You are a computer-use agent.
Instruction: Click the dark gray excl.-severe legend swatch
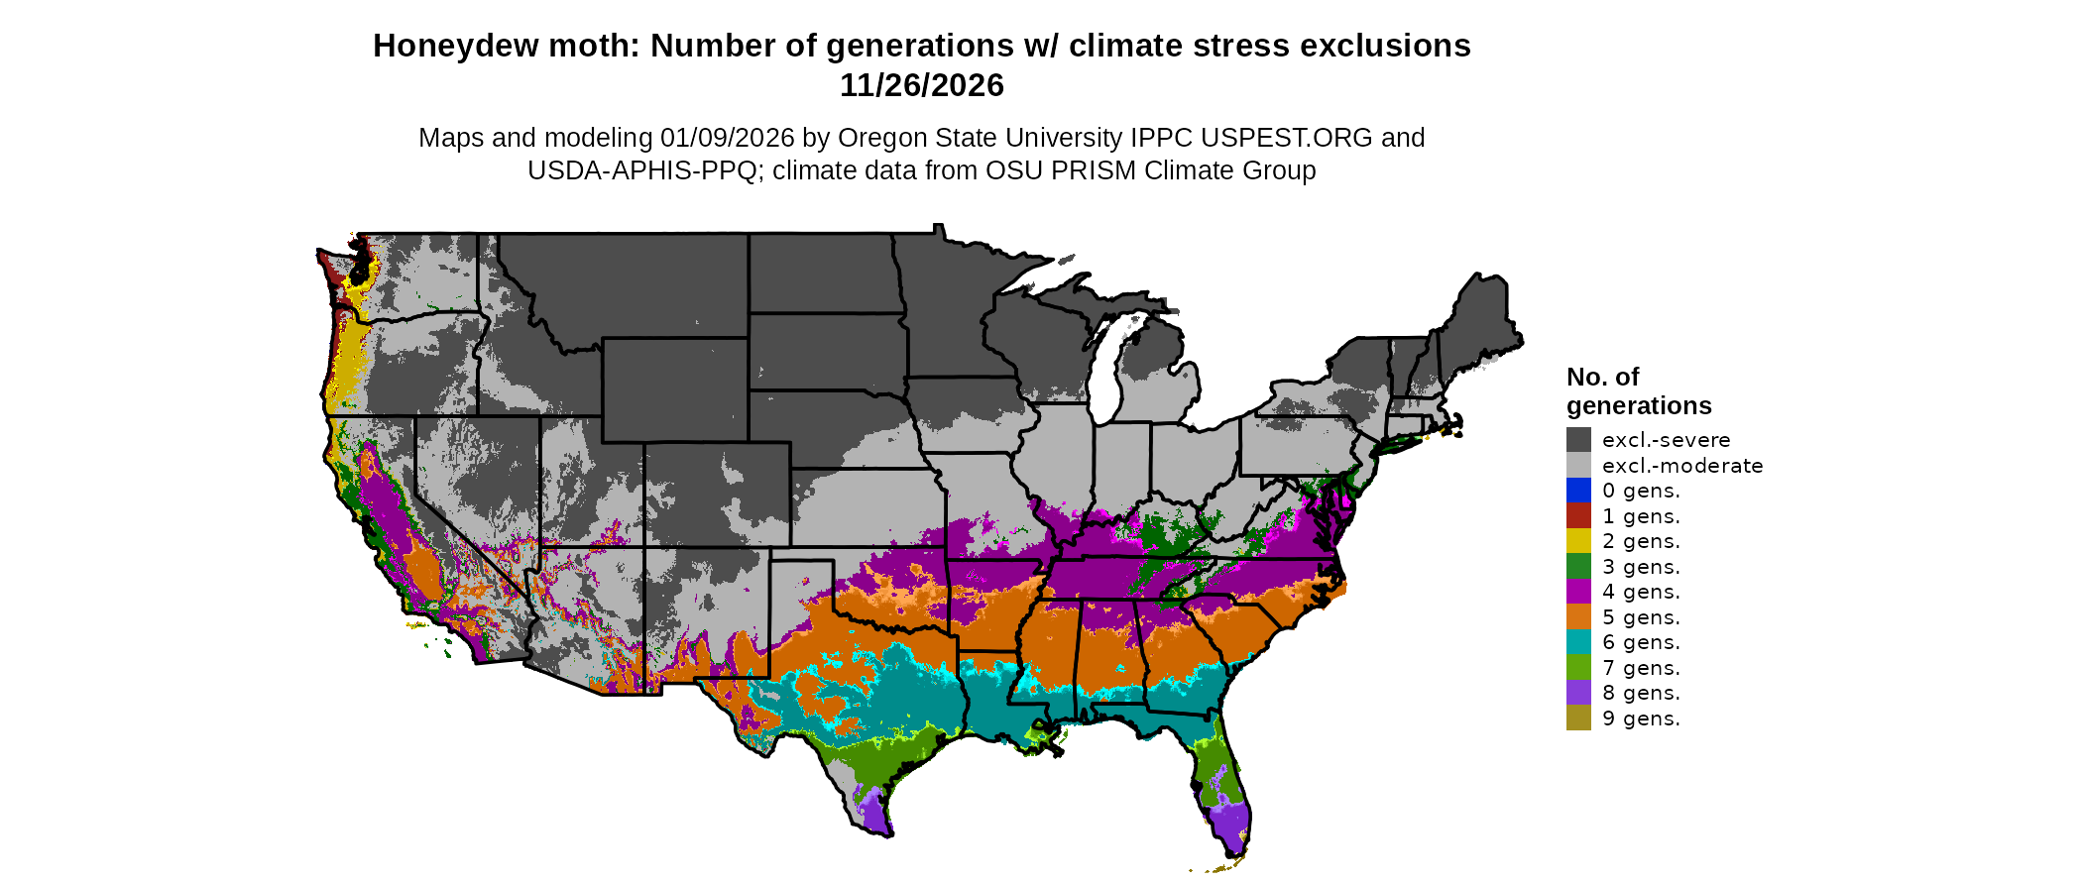point(1578,440)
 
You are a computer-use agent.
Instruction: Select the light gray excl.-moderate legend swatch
point(1578,466)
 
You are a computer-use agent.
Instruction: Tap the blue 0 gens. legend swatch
point(1578,491)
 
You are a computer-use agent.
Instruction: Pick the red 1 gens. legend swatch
point(1578,516)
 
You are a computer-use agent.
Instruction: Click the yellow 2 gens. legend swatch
point(1578,541)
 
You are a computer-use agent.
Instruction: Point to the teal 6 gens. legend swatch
point(1578,642)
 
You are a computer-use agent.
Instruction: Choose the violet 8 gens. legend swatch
point(1578,693)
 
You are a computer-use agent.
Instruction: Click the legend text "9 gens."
point(1641,718)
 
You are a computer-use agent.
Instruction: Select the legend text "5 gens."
point(1641,617)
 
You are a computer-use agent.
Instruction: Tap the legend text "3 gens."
point(1641,567)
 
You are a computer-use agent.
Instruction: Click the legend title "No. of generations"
point(1638,391)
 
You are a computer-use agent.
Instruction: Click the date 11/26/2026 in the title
point(921,85)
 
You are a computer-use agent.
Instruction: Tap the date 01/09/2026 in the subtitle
point(728,138)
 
